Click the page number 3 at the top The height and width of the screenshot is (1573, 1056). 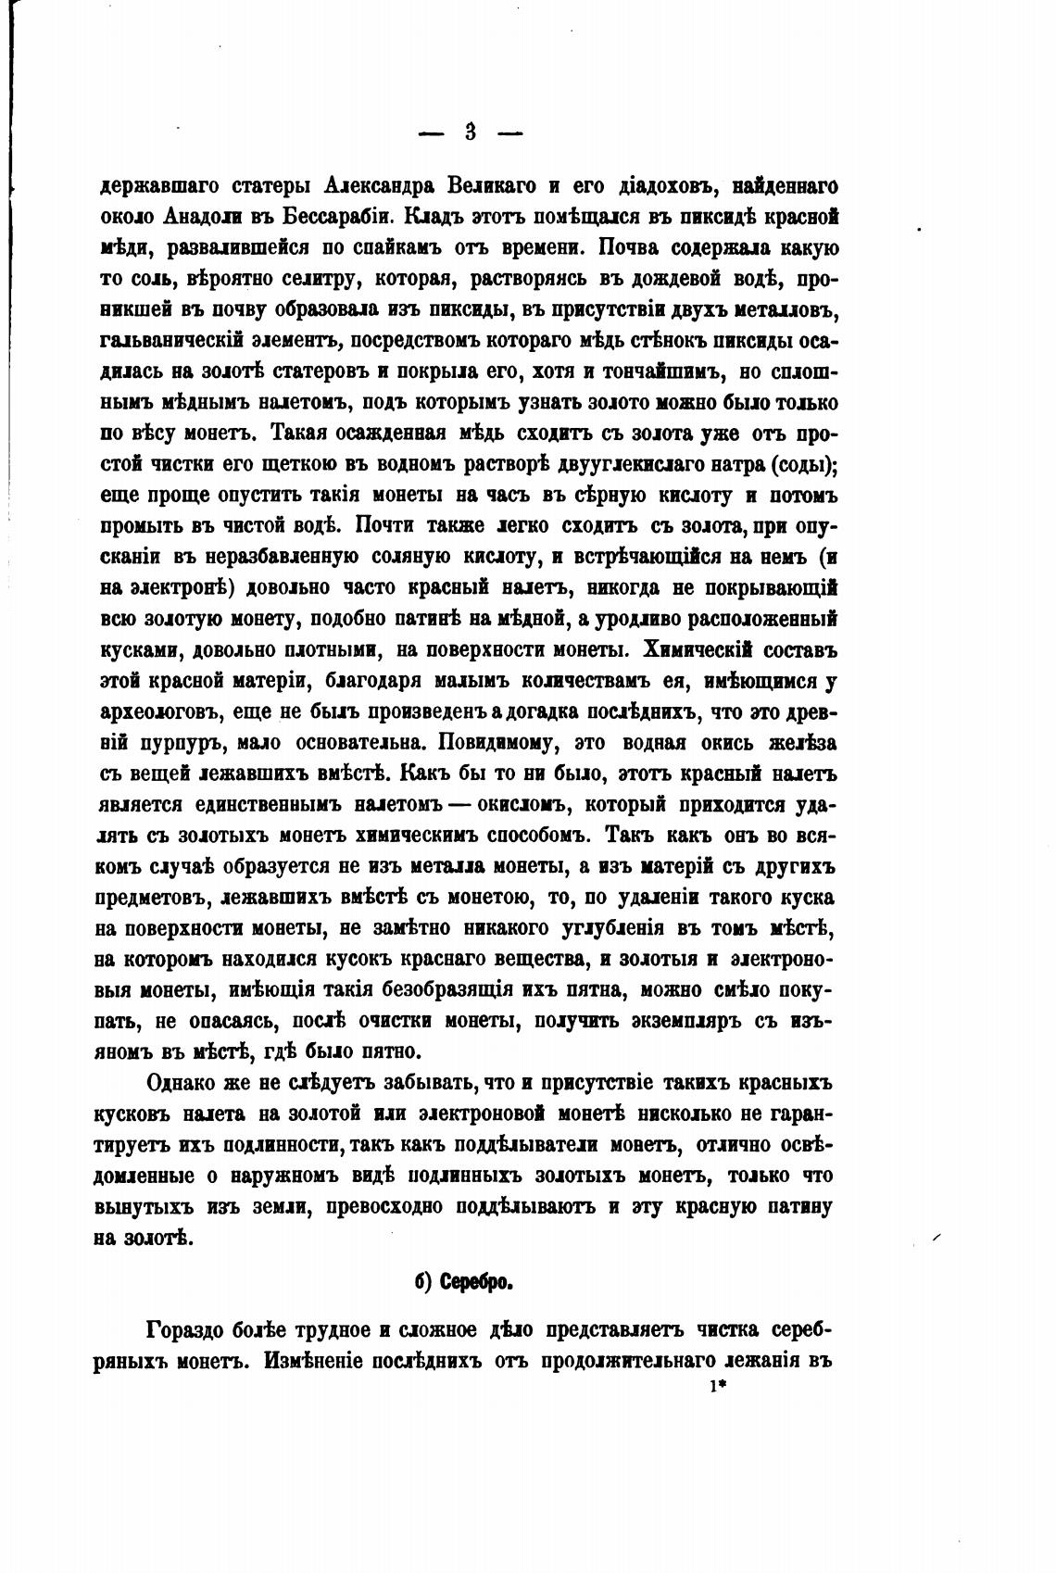(x=470, y=132)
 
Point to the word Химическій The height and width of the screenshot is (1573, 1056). (x=699, y=649)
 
